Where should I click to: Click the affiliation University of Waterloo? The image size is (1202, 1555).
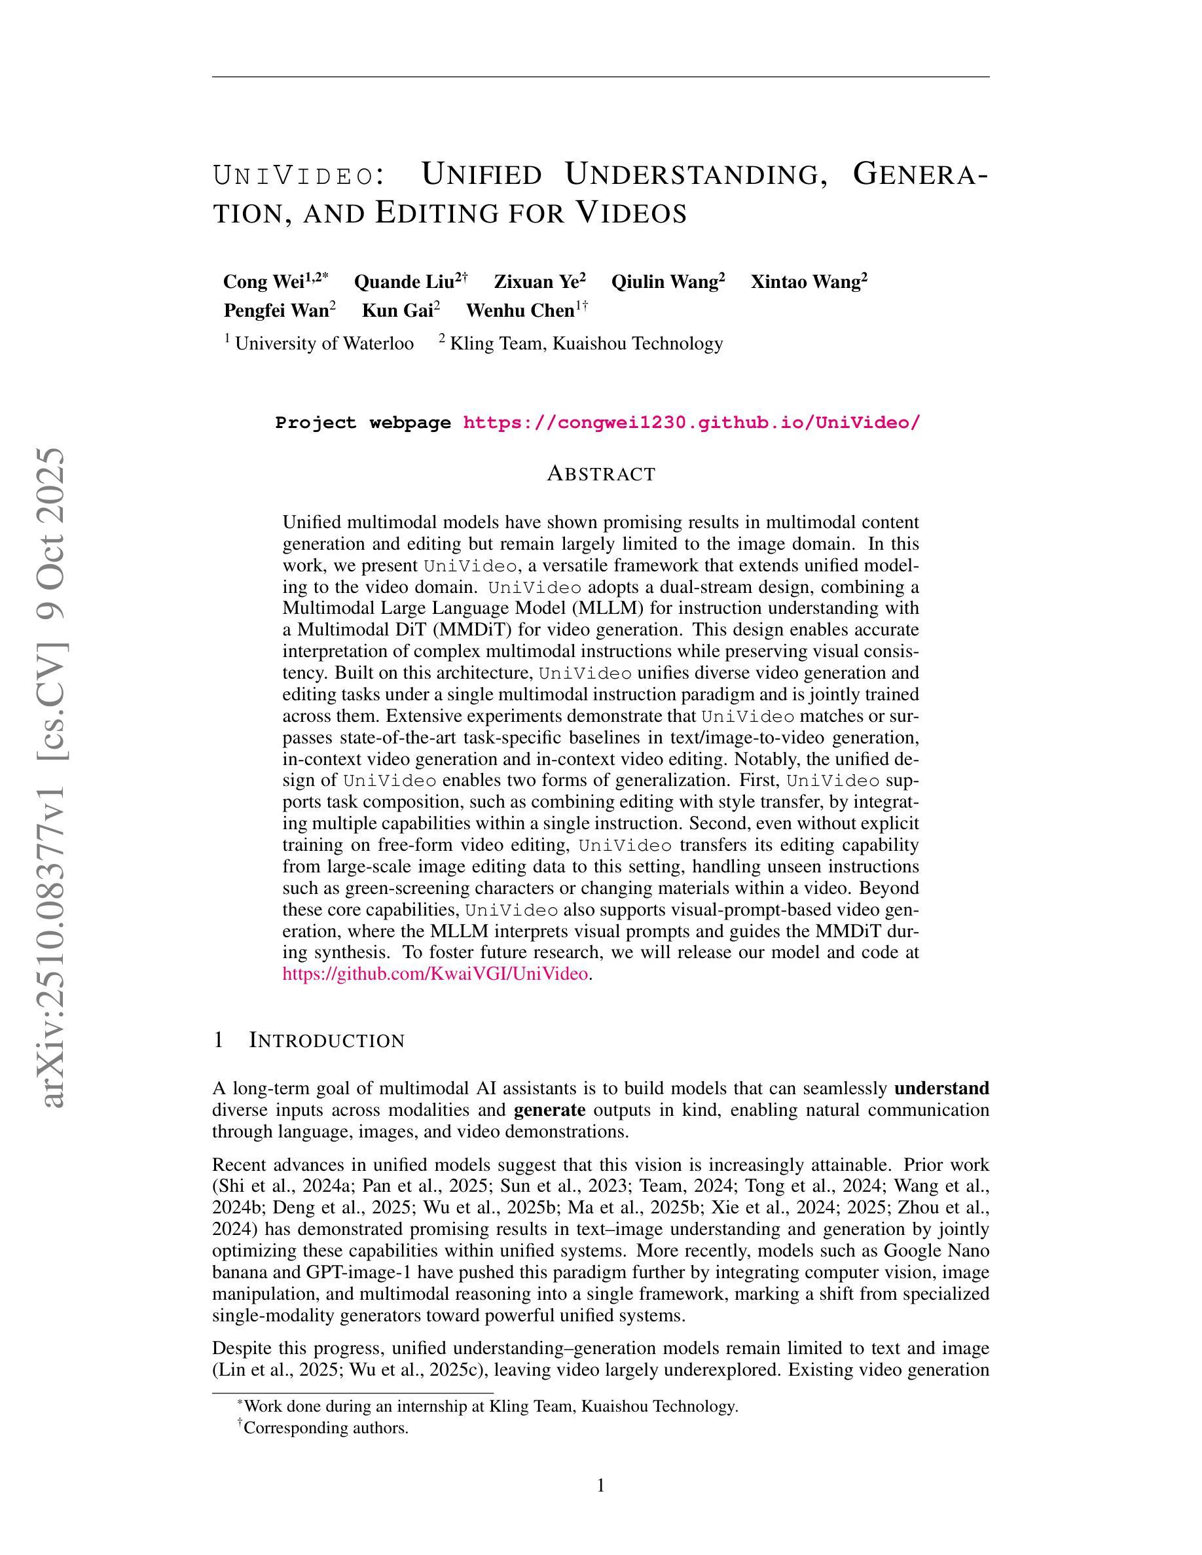click(324, 343)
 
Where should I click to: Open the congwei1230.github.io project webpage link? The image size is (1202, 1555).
click(691, 423)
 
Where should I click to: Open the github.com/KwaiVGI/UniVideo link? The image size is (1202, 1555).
click(435, 973)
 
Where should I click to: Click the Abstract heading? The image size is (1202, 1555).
click(601, 474)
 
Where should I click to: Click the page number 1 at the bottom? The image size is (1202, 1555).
click(600, 1485)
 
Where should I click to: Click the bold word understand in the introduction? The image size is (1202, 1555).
click(941, 1088)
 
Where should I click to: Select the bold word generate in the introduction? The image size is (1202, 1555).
click(549, 1110)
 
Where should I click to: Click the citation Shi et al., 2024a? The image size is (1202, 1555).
click(278, 1186)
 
